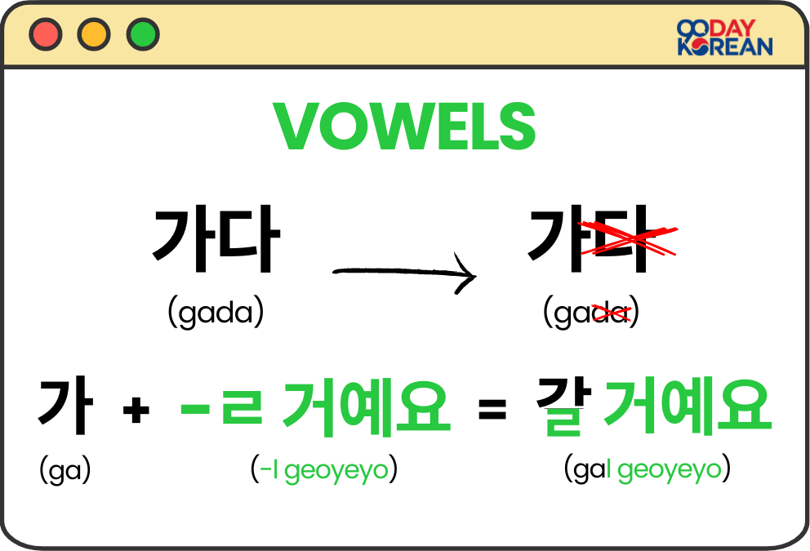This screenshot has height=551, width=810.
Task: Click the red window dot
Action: click(45, 34)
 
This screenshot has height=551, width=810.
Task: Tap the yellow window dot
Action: click(94, 34)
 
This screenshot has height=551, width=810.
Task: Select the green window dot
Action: click(143, 34)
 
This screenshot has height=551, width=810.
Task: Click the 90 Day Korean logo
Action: click(724, 38)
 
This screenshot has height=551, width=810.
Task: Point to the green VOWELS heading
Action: click(405, 127)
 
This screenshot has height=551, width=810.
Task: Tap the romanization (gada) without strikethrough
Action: click(216, 313)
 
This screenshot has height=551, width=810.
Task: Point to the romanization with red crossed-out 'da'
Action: click(591, 313)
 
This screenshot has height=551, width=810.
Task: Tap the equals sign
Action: click(492, 410)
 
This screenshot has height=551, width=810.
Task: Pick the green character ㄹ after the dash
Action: click(242, 408)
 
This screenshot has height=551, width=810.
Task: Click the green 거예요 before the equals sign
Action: click(366, 407)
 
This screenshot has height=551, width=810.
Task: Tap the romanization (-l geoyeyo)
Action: click(324, 470)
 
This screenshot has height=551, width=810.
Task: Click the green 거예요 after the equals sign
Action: click(687, 407)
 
